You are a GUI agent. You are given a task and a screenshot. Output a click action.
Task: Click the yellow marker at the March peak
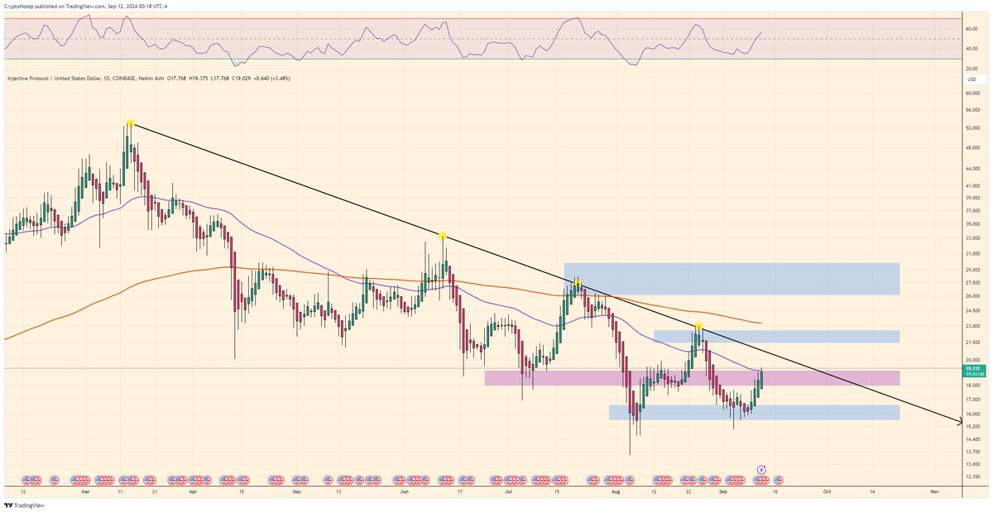click(x=130, y=123)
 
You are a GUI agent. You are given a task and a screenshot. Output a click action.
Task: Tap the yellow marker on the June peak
click(x=444, y=237)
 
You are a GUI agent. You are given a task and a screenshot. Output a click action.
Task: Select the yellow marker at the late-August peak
click(x=699, y=327)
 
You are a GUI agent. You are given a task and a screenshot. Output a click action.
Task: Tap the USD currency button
click(x=971, y=79)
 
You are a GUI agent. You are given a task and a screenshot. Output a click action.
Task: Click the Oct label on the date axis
click(x=826, y=491)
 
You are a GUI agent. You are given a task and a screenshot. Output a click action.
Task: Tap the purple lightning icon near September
click(x=761, y=469)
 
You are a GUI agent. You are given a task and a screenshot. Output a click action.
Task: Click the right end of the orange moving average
click(x=760, y=323)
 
